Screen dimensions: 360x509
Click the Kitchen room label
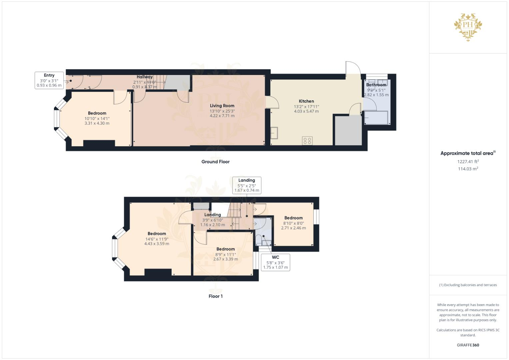(x=306, y=101)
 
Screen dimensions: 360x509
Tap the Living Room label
(x=222, y=106)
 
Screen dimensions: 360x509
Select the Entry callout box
(x=49, y=80)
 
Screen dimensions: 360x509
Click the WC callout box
(x=275, y=262)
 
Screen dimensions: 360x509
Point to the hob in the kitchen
(x=307, y=141)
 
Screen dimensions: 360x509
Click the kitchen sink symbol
(x=275, y=133)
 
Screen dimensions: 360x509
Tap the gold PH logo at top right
(x=468, y=27)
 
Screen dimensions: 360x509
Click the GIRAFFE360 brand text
(x=468, y=345)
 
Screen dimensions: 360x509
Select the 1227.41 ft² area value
(x=468, y=161)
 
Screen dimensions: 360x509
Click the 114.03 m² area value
(x=468, y=169)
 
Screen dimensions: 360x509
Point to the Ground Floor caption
(x=215, y=162)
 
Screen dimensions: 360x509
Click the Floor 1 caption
(x=215, y=296)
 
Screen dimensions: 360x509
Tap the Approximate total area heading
(x=467, y=153)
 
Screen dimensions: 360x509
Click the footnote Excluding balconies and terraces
(x=468, y=285)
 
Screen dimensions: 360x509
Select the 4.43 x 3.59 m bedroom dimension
(x=157, y=244)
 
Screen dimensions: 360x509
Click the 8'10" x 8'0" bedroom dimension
(x=293, y=223)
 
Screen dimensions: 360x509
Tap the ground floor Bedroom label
(x=97, y=113)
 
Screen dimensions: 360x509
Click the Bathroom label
(x=376, y=85)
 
